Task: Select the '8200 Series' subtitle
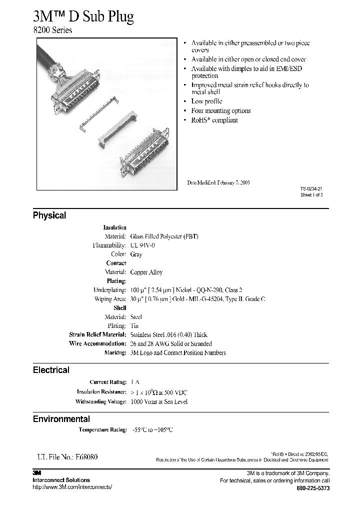pos(52,30)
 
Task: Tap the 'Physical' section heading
pos(49,215)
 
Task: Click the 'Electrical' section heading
pos(51,370)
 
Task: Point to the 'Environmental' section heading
pos(61,419)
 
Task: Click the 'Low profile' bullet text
pos(207,101)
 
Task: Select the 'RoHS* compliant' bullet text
pos(214,120)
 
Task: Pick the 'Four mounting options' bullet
pos(220,111)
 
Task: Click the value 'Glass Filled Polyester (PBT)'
pos(164,236)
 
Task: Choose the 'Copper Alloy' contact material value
pos(146,272)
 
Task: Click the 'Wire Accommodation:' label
pos(97,343)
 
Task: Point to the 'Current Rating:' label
pos(107,382)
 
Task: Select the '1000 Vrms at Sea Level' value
pos(158,401)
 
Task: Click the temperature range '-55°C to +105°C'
pos(152,429)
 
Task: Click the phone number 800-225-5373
pos(313,487)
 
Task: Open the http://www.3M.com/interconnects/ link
pos(72,487)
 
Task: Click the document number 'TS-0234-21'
pos(311,189)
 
